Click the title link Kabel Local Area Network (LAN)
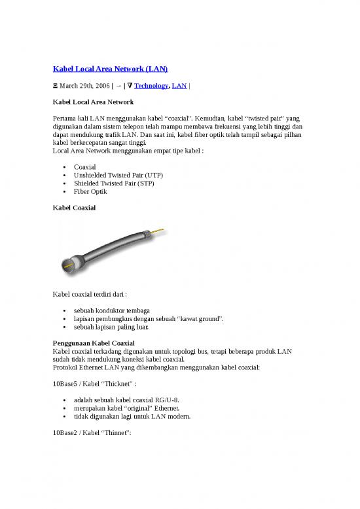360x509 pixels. click(x=110, y=69)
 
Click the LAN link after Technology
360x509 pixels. click(x=179, y=86)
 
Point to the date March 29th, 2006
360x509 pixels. click(x=82, y=86)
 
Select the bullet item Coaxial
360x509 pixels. click(x=85, y=167)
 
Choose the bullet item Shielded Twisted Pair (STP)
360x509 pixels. click(x=114, y=183)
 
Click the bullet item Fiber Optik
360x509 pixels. click(x=91, y=192)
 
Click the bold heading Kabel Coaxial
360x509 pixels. click(x=74, y=208)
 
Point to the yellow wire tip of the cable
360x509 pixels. click(x=161, y=231)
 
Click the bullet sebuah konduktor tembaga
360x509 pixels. click(x=112, y=310)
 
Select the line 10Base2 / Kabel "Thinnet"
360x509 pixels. click(x=88, y=432)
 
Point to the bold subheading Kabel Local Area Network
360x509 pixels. click(x=93, y=102)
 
